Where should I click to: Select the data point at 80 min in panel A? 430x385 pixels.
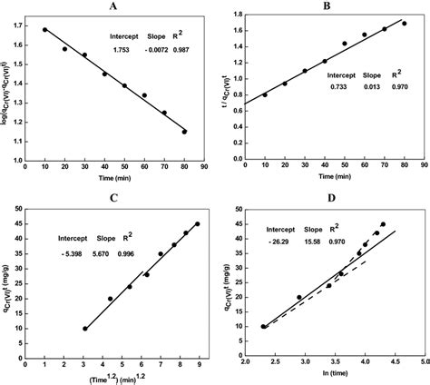click(184, 132)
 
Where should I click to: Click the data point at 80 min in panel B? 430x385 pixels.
click(404, 24)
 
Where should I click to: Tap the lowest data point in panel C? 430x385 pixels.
click(85, 329)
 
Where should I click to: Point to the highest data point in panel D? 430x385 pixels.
click(383, 224)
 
